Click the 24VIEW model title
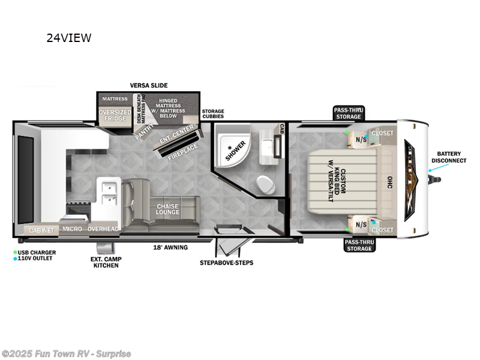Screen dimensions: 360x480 point(69,38)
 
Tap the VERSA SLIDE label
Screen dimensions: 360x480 point(149,86)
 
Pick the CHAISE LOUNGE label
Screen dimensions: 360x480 point(168,209)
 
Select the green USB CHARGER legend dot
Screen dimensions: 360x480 point(16,252)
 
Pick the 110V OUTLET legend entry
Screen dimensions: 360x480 point(36,259)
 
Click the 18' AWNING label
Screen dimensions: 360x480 point(170,247)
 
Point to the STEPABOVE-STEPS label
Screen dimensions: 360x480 point(227,263)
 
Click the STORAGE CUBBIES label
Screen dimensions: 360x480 point(213,115)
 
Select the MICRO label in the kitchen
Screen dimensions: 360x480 point(73,230)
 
